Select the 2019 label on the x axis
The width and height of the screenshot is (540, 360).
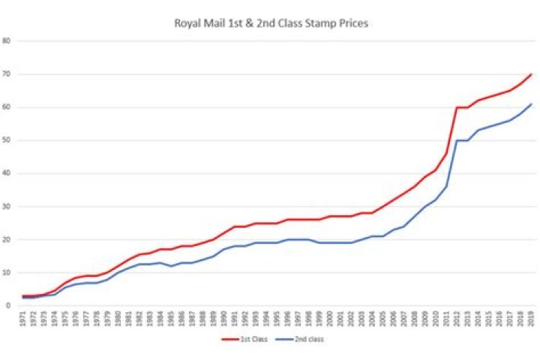pyautogui.click(x=531, y=319)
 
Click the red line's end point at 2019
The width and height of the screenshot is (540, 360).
pyautogui.click(x=531, y=74)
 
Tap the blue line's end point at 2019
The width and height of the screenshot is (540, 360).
pyautogui.click(x=531, y=104)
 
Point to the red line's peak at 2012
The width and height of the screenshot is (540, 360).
pyautogui.click(x=457, y=107)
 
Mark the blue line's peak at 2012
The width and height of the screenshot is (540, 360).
pyautogui.click(x=457, y=140)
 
